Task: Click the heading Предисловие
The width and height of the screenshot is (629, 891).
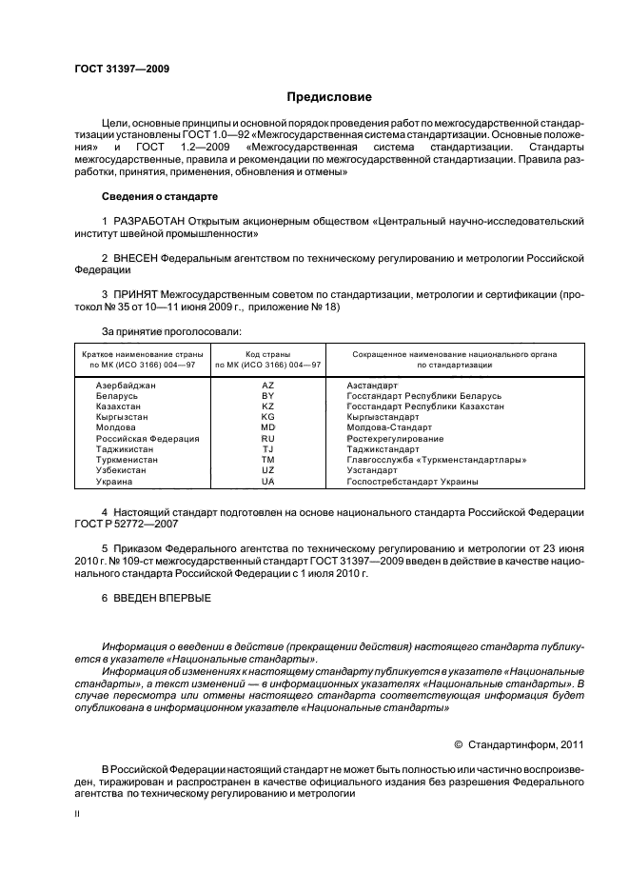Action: click(x=330, y=97)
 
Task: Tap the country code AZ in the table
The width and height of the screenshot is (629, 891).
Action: click(x=267, y=385)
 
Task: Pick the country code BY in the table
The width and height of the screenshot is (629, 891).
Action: click(x=267, y=395)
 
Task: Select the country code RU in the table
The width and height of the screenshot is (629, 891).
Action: click(x=267, y=439)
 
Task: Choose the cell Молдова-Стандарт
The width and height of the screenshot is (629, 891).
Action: click(x=390, y=428)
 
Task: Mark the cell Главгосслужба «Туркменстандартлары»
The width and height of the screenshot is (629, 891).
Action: click(x=437, y=460)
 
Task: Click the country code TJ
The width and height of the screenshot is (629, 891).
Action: click(x=267, y=449)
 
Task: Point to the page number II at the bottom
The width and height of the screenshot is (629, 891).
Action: click(x=77, y=816)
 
